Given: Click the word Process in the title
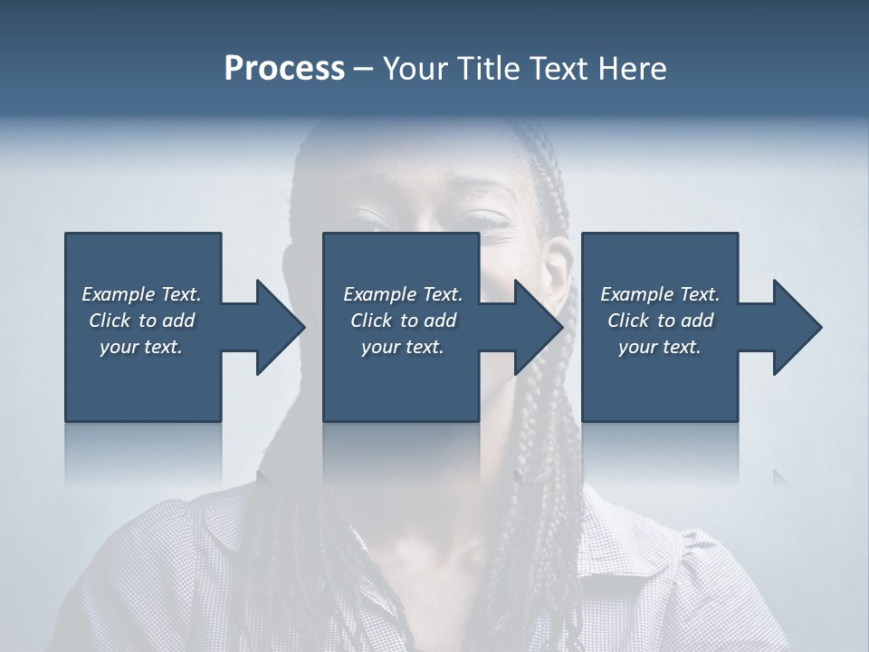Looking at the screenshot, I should pos(284,69).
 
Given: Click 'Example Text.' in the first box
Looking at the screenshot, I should pos(141,293).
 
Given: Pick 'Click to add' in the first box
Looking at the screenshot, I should pos(141,320).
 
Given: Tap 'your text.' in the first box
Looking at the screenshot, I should pos(141,346).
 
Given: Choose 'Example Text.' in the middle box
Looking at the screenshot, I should pos(403,293).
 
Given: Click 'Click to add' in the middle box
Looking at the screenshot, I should pos(403,320).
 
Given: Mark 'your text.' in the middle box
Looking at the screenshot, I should pos(403,346).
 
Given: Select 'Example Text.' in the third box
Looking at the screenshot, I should pos(660,293).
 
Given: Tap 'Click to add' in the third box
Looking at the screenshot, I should pos(660,320).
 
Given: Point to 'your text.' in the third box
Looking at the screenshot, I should pos(660,346).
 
